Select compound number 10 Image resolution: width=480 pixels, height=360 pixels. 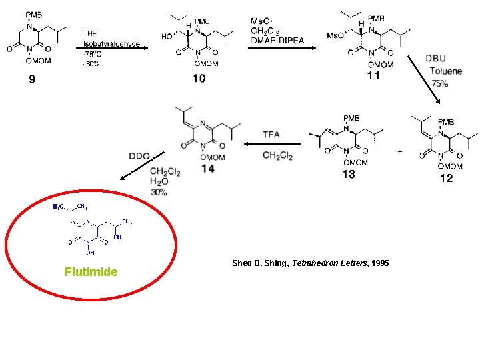pyautogui.click(x=199, y=79)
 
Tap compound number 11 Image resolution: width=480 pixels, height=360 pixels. pyautogui.click(x=374, y=76)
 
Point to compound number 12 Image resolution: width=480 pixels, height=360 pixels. pyautogui.click(x=446, y=178)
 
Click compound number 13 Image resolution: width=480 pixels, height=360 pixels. pyautogui.click(x=348, y=175)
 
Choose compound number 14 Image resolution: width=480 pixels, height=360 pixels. pyautogui.click(x=208, y=169)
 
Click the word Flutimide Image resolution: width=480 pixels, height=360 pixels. pyautogui.click(x=91, y=272)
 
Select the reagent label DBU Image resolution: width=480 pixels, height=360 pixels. pyautogui.click(x=435, y=59)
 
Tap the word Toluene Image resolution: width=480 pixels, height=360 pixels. pyautogui.click(x=445, y=71)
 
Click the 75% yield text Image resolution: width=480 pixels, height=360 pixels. pyautogui.click(x=439, y=83)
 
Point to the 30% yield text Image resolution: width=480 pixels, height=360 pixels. pyautogui.click(x=159, y=192)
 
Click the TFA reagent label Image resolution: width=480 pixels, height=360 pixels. pyautogui.click(x=271, y=135)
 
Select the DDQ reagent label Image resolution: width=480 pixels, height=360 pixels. pyautogui.click(x=139, y=156)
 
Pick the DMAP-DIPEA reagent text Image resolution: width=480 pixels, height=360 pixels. pyautogui.click(x=277, y=41)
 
